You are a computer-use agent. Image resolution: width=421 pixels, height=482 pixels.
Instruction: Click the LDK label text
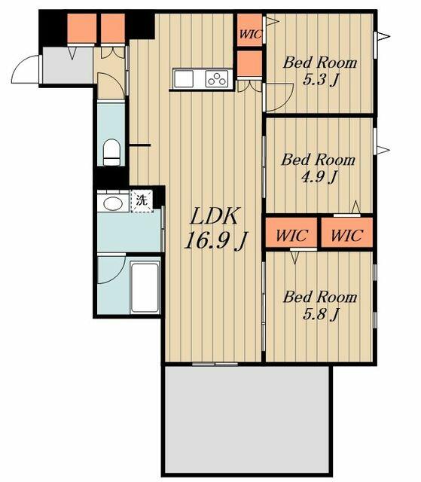pos(214,216)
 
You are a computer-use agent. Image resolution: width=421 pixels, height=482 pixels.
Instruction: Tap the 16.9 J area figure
pos(215,239)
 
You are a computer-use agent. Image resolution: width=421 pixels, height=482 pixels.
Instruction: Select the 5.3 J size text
pos(321,81)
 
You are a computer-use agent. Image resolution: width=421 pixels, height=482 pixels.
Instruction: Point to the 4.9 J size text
pos(319,177)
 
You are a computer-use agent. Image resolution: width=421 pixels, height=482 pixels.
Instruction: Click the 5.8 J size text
pos(321,314)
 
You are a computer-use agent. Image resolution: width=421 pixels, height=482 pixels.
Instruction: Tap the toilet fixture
pos(111,152)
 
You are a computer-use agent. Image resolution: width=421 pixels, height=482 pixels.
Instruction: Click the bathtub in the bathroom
pos(145,288)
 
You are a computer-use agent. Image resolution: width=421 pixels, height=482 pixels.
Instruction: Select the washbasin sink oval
pos(112,203)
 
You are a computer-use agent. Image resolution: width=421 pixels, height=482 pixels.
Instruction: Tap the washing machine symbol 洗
pos(142,200)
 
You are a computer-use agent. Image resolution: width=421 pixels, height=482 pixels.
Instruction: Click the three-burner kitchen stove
pos(217,78)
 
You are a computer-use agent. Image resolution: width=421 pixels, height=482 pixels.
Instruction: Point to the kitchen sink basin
pos(184,78)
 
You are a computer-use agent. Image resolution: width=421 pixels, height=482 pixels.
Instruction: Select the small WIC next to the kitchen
pos(250,30)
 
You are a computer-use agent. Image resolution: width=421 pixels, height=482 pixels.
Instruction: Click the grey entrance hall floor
pos(68,66)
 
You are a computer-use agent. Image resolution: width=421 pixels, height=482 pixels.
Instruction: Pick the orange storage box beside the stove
pos(250,63)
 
